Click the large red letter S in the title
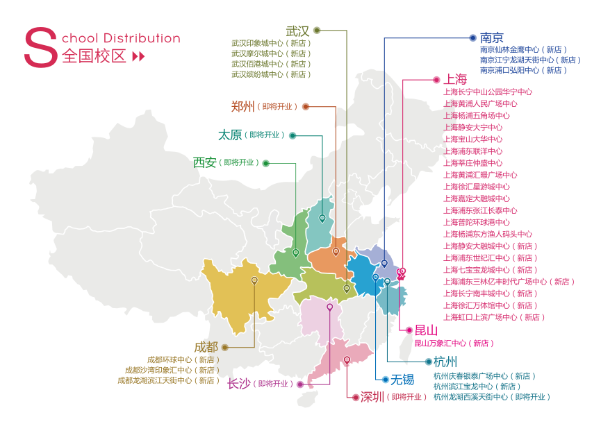[x=40, y=48]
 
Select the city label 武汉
[x=297, y=31]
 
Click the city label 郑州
[x=242, y=106]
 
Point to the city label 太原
[x=230, y=135]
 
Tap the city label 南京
[x=491, y=37]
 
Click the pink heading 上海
[x=456, y=78]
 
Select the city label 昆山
[x=426, y=330]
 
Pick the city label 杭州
[x=445, y=362]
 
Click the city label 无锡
[x=402, y=379]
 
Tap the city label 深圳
[x=372, y=397]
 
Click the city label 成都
[x=206, y=346]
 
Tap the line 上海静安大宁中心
[x=472, y=128]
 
